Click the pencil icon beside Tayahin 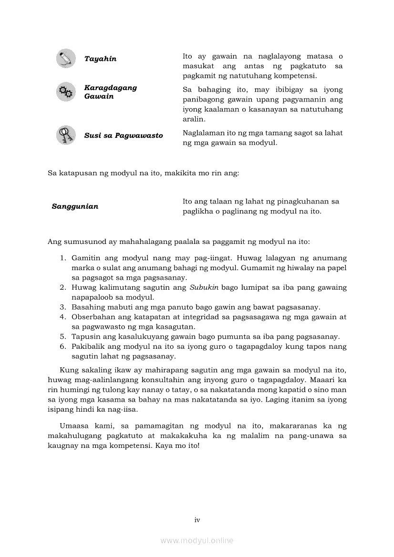(x=66, y=59)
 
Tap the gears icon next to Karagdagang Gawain (x=66, y=92)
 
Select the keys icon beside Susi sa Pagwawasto (x=66, y=135)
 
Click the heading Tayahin (x=100, y=59)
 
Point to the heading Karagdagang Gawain (x=110, y=92)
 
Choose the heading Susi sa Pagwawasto (x=124, y=136)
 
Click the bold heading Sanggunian (x=75, y=207)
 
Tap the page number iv (x=197, y=520)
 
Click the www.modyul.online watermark (x=197, y=541)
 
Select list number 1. (x=62, y=258)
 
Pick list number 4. (x=62, y=317)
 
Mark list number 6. (x=62, y=346)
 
